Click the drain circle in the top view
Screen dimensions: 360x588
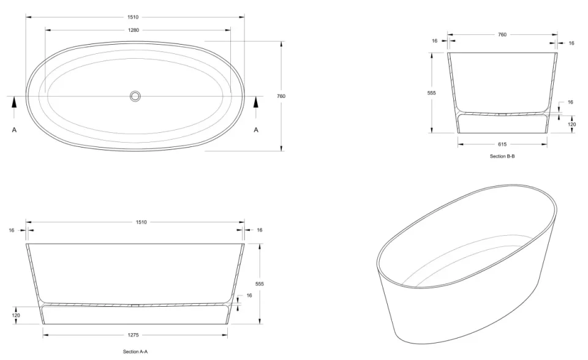135,96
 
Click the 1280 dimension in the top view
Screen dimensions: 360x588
135,29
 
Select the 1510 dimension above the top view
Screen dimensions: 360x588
135,17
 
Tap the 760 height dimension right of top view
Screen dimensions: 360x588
281,96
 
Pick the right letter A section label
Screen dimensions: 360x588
256,130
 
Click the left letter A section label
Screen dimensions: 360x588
14,130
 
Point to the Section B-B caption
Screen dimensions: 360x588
502,156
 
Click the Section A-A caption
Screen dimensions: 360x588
135,352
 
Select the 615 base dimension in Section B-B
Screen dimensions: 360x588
502,144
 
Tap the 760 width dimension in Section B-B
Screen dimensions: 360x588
502,35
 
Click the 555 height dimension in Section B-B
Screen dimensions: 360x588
432,92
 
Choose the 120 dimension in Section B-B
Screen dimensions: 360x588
571,124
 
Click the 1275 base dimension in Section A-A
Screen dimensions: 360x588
135,335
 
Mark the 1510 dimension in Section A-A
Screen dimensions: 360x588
135,222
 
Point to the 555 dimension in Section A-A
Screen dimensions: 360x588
260,284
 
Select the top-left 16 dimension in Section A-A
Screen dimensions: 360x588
12,230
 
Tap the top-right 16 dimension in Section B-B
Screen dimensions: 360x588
571,43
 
